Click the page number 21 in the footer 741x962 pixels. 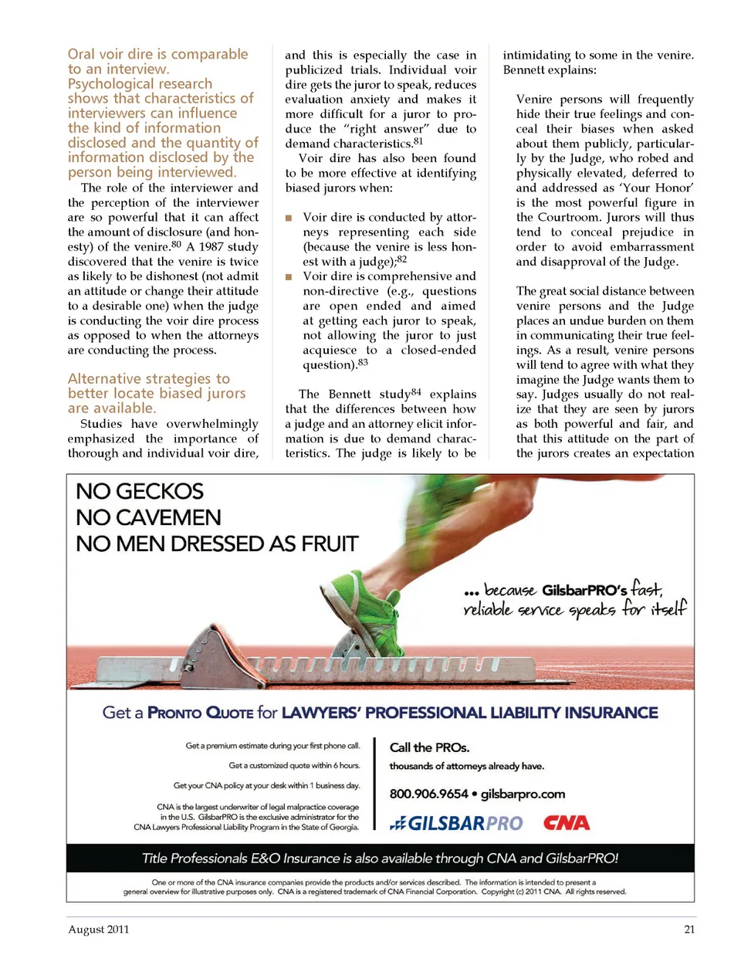(x=689, y=930)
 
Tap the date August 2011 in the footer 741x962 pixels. (x=99, y=930)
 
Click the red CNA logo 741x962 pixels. (x=567, y=823)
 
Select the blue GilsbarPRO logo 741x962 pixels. (x=457, y=824)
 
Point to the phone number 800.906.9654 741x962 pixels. (x=428, y=794)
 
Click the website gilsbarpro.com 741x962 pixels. (x=523, y=794)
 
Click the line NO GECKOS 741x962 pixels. (x=140, y=492)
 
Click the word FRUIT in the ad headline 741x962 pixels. (x=324, y=544)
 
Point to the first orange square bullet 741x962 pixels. (x=289, y=218)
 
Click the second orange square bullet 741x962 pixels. (x=289, y=277)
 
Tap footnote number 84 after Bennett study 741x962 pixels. (x=416, y=391)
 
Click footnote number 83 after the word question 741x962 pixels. (x=363, y=362)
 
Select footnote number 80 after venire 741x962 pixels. (x=177, y=245)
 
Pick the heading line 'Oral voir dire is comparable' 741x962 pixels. (x=157, y=54)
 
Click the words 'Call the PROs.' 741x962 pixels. (x=429, y=747)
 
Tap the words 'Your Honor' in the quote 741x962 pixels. (x=658, y=188)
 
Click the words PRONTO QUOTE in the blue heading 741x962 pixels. (x=200, y=713)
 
